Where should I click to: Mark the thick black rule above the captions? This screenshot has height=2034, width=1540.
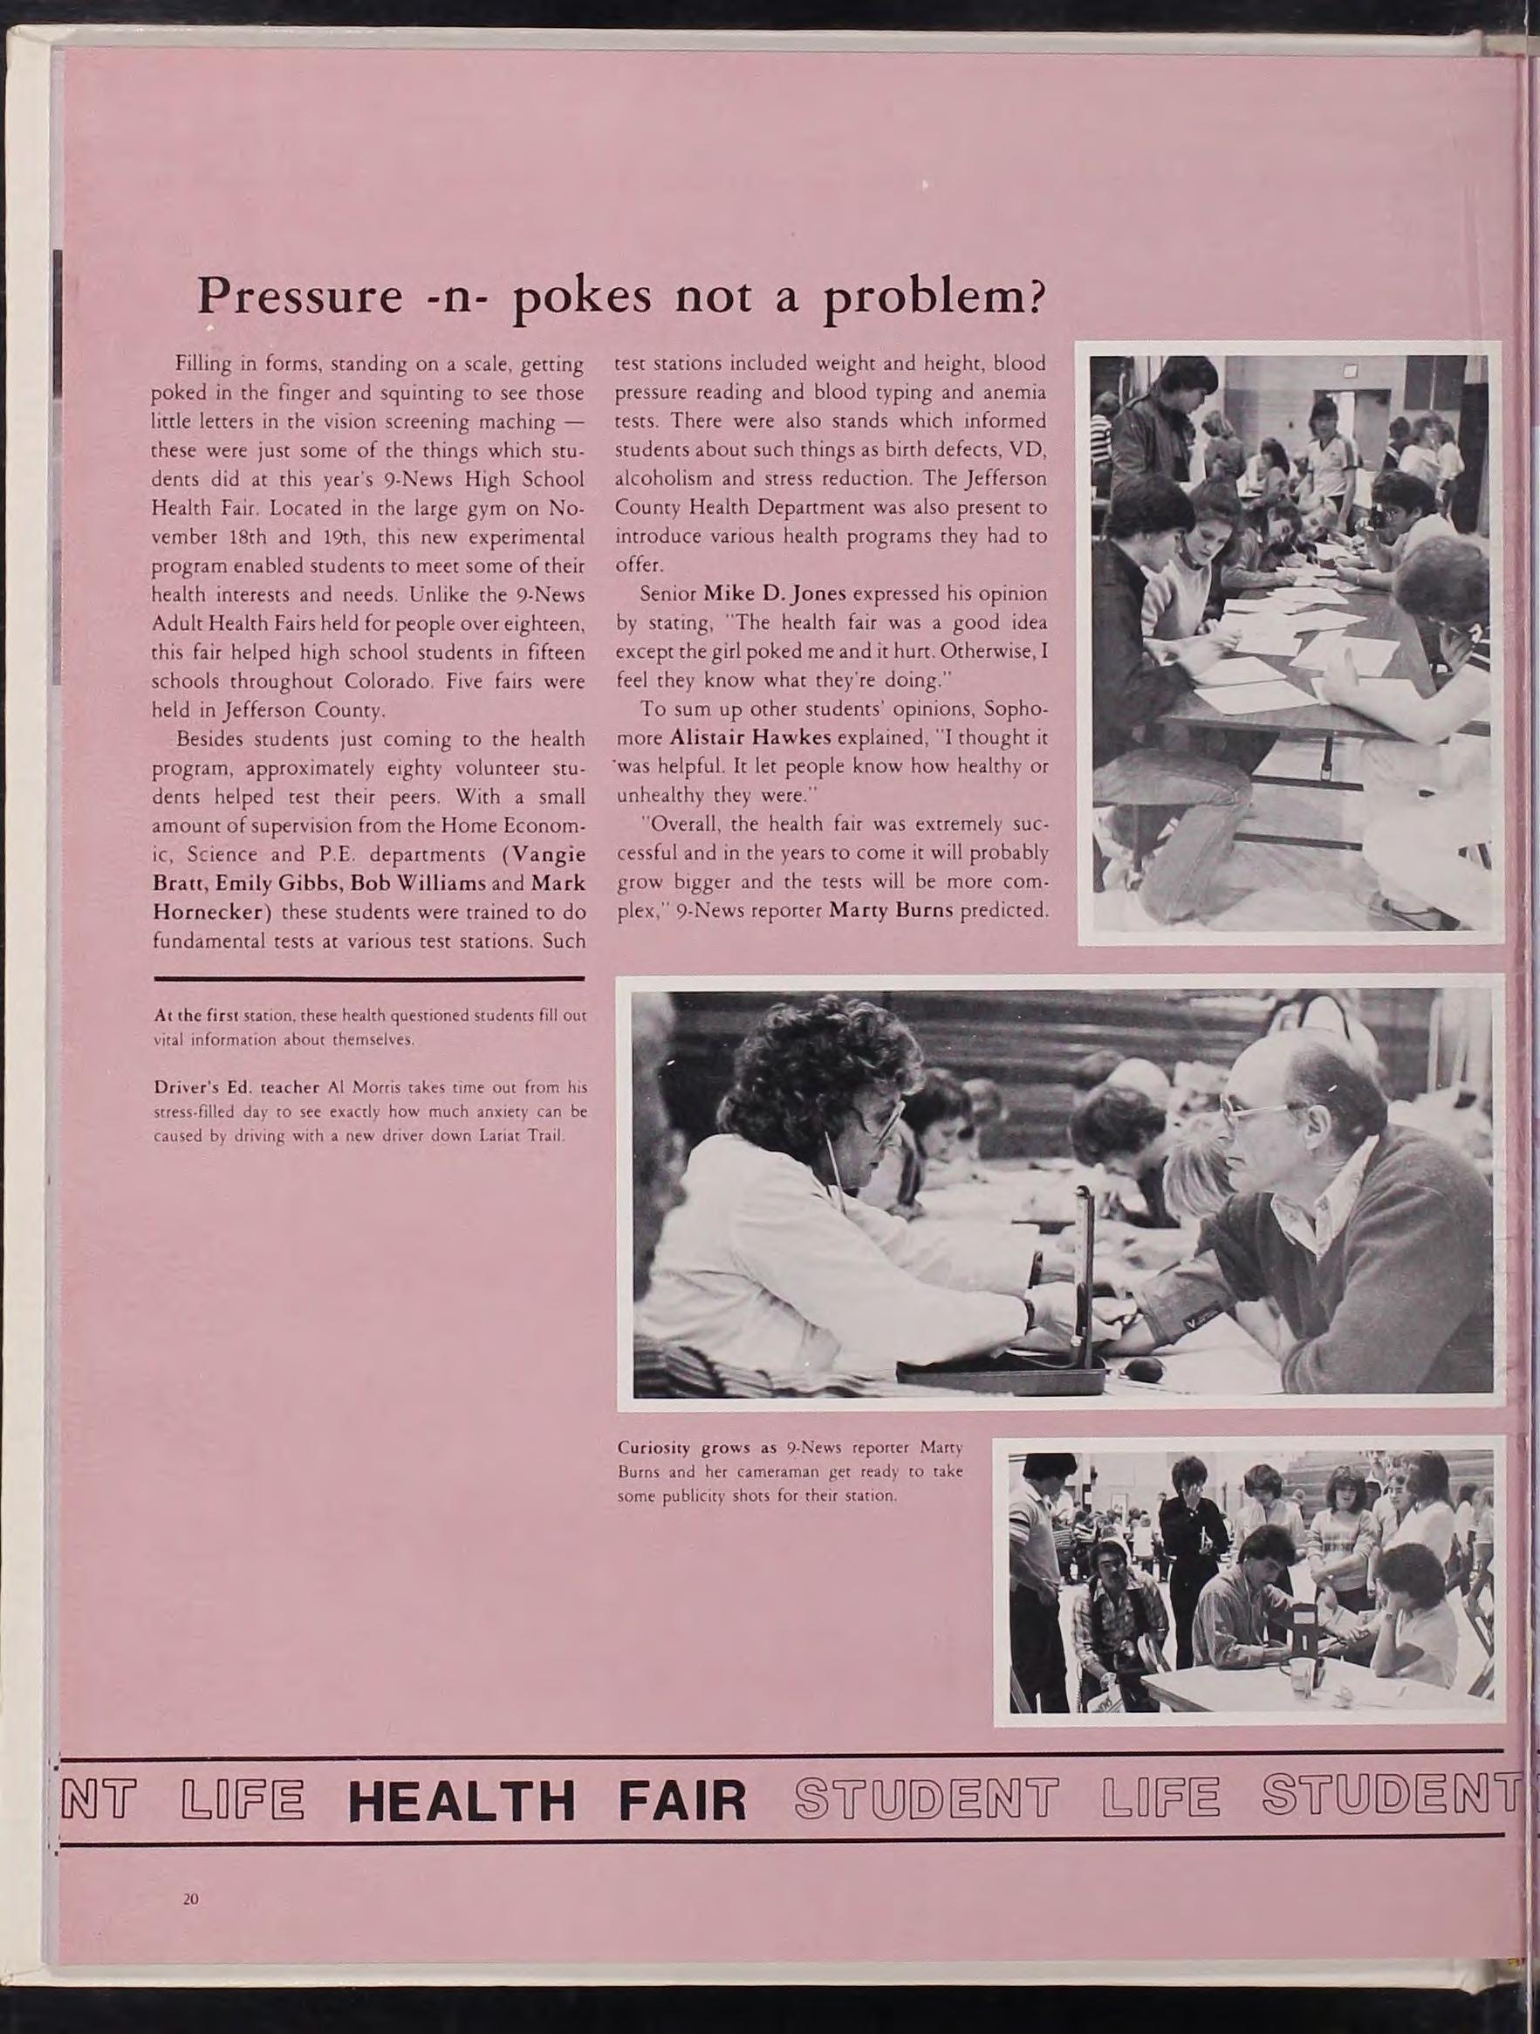point(370,977)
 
